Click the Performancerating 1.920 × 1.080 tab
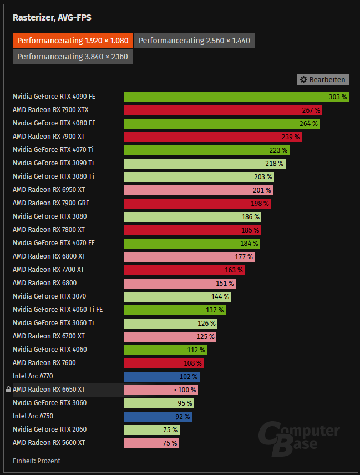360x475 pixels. pos(73,41)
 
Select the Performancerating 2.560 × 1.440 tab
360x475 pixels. pos(194,41)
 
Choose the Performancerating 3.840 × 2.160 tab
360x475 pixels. pos(73,57)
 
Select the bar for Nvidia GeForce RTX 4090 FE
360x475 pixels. pos(236,97)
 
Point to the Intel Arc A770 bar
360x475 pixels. pos(161,376)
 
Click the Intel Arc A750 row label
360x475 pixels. pos(33,416)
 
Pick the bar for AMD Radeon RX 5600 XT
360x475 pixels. pos(151,443)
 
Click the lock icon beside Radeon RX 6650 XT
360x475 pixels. pos(8,390)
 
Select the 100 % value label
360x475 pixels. pos(187,390)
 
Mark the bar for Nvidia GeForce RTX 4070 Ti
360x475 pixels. pos(206,150)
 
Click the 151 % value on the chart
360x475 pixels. pos(225,283)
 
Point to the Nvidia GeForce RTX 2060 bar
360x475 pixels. pos(151,429)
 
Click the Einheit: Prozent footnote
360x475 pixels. pos(37,461)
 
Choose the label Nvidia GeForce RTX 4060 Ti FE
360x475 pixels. pos(58,310)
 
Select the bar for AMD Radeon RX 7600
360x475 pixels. pos(163,363)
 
